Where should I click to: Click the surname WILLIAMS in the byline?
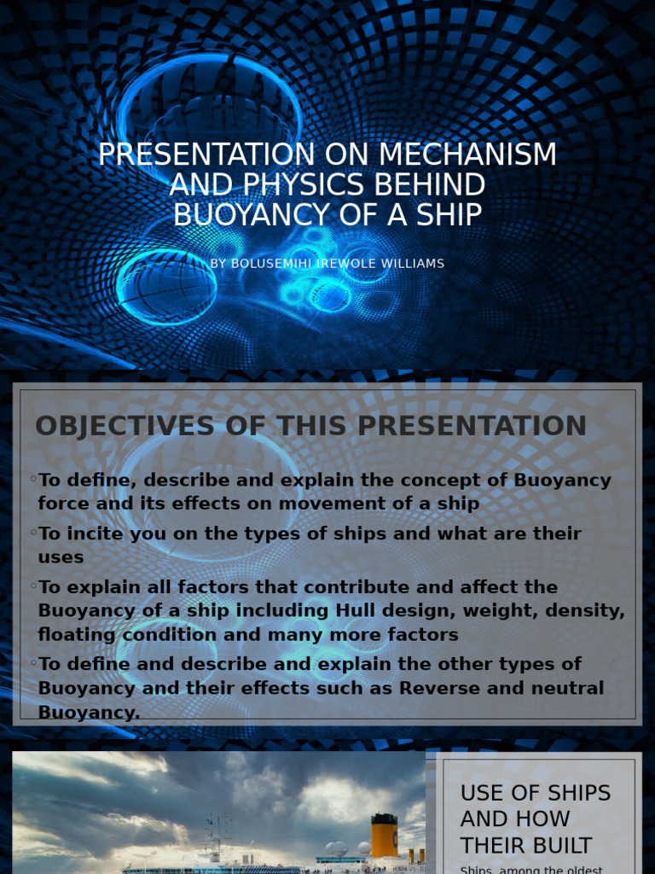(409, 264)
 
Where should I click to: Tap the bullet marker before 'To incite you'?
(33, 533)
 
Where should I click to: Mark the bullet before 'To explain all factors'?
(33, 586)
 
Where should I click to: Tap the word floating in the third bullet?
(73, 635)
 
